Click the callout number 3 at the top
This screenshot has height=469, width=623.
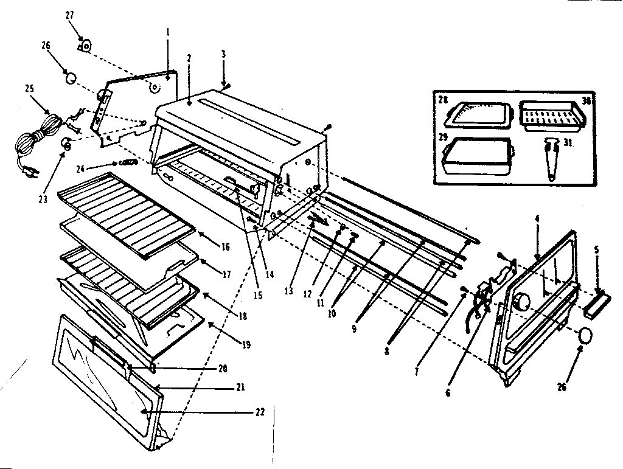click(x=223, y=54)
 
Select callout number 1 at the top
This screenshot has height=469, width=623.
click(x=168, y=31)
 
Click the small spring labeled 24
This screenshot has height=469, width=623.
click(x=128, y=162)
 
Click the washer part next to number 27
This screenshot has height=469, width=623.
click(x=86, y=44)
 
